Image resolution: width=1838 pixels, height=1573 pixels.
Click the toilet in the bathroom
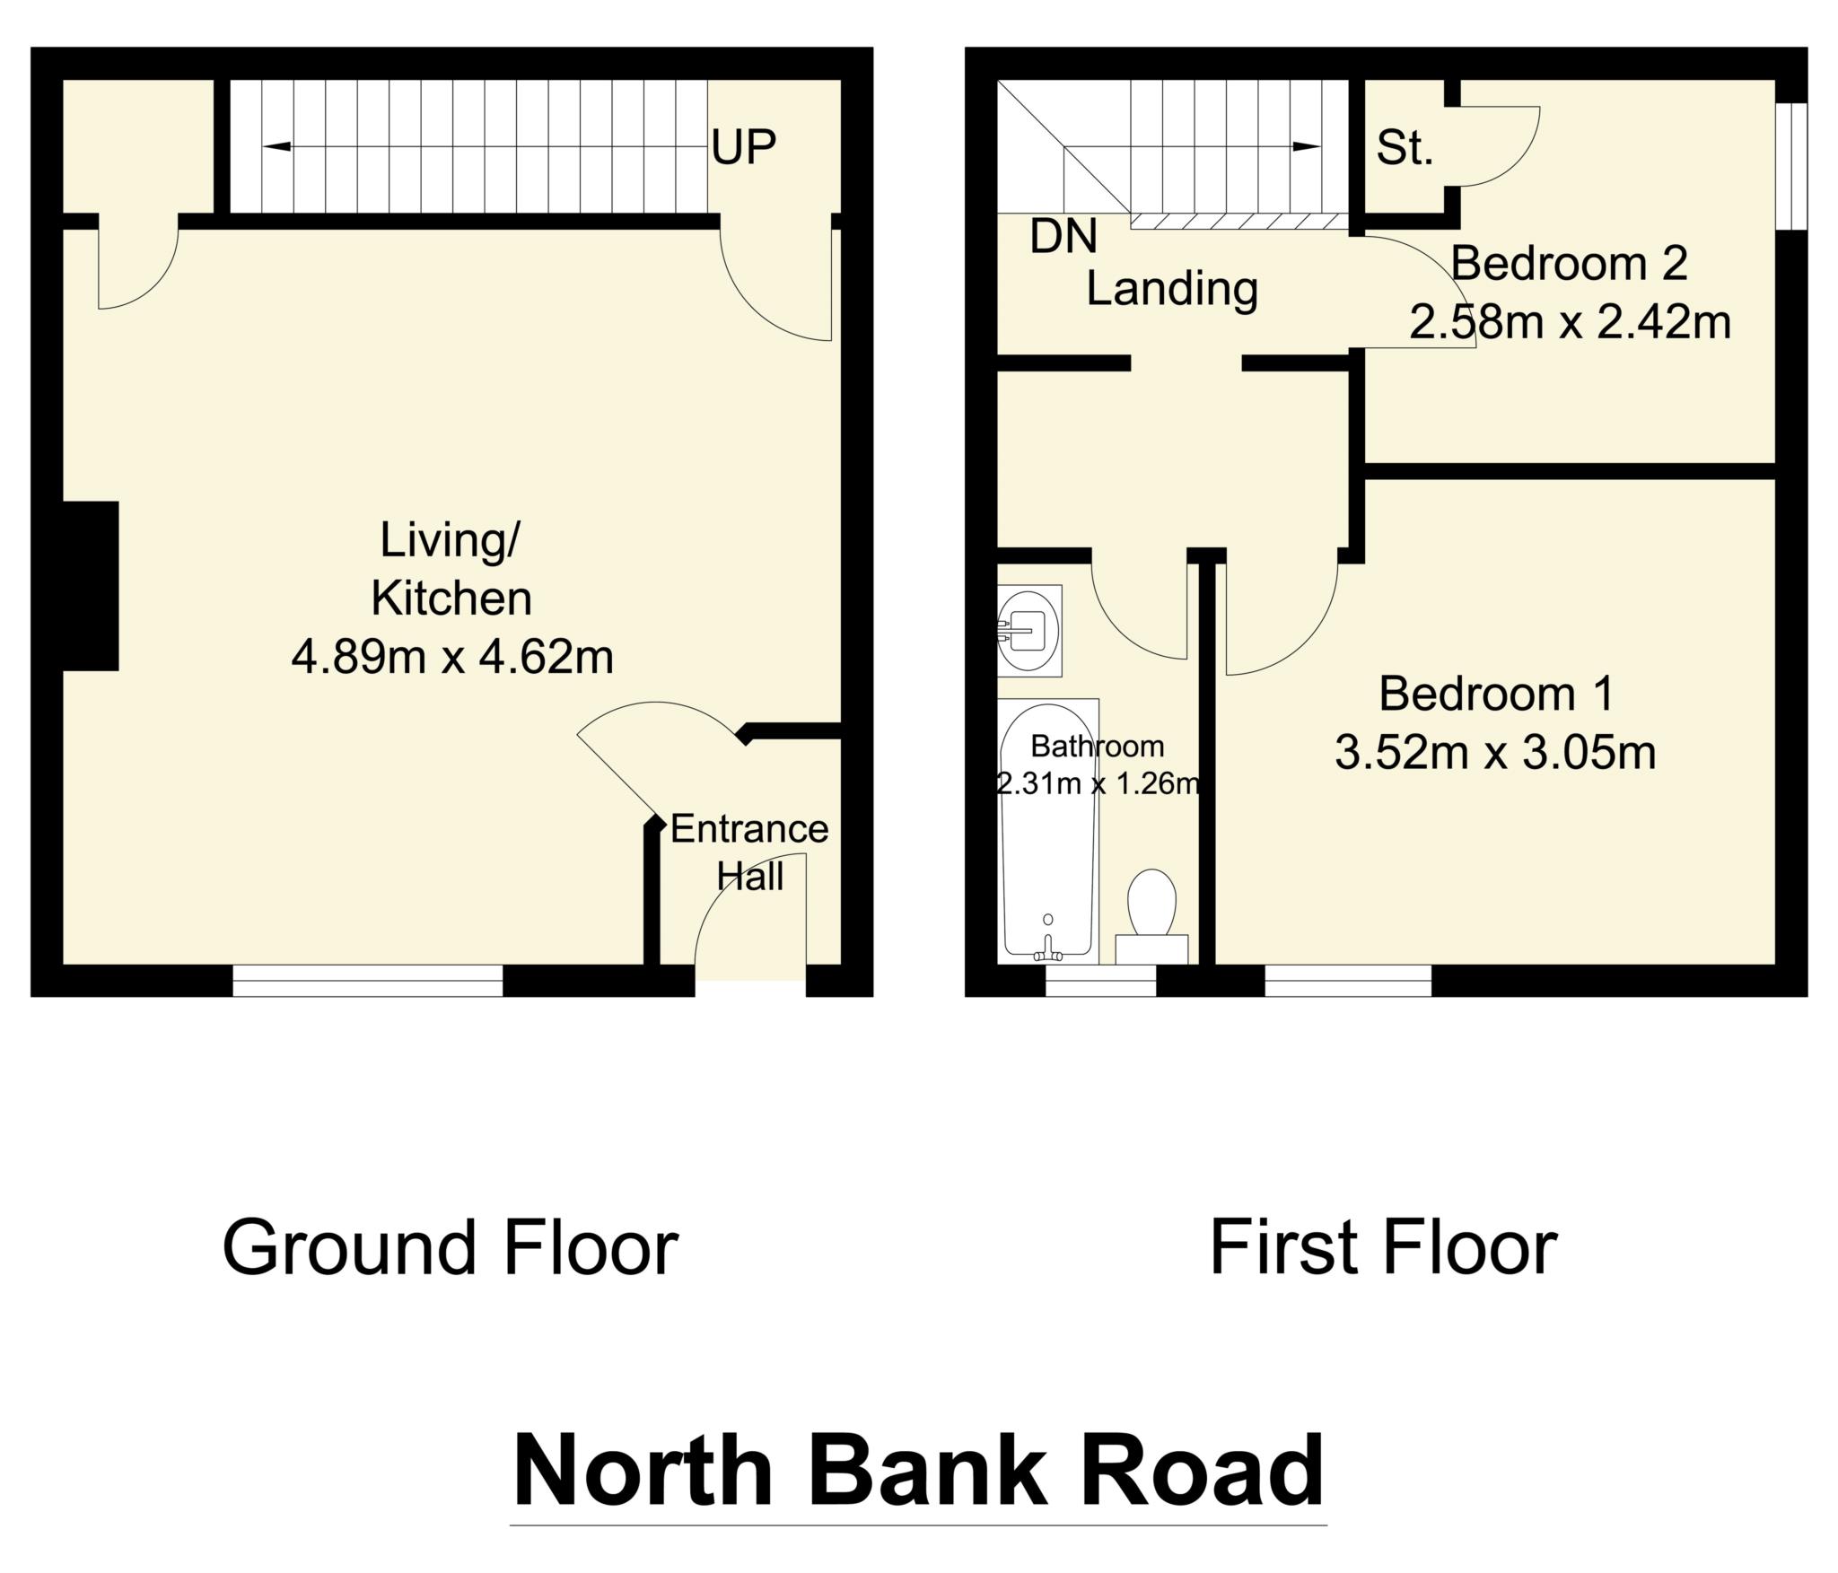pos(1151,906)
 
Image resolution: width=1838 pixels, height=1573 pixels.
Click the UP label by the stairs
pos(743,147)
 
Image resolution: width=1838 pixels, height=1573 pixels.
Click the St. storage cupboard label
pos(1405,149)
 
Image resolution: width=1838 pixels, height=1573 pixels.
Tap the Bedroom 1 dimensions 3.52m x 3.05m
pos(1495,753)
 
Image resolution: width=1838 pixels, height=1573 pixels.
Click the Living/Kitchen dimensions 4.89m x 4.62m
pos(452,658)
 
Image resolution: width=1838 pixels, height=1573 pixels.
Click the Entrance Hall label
pos(749,852)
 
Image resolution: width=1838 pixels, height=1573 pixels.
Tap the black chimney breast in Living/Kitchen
pos(90,586)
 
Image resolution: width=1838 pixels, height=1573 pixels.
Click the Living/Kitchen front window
pos(368,981)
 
